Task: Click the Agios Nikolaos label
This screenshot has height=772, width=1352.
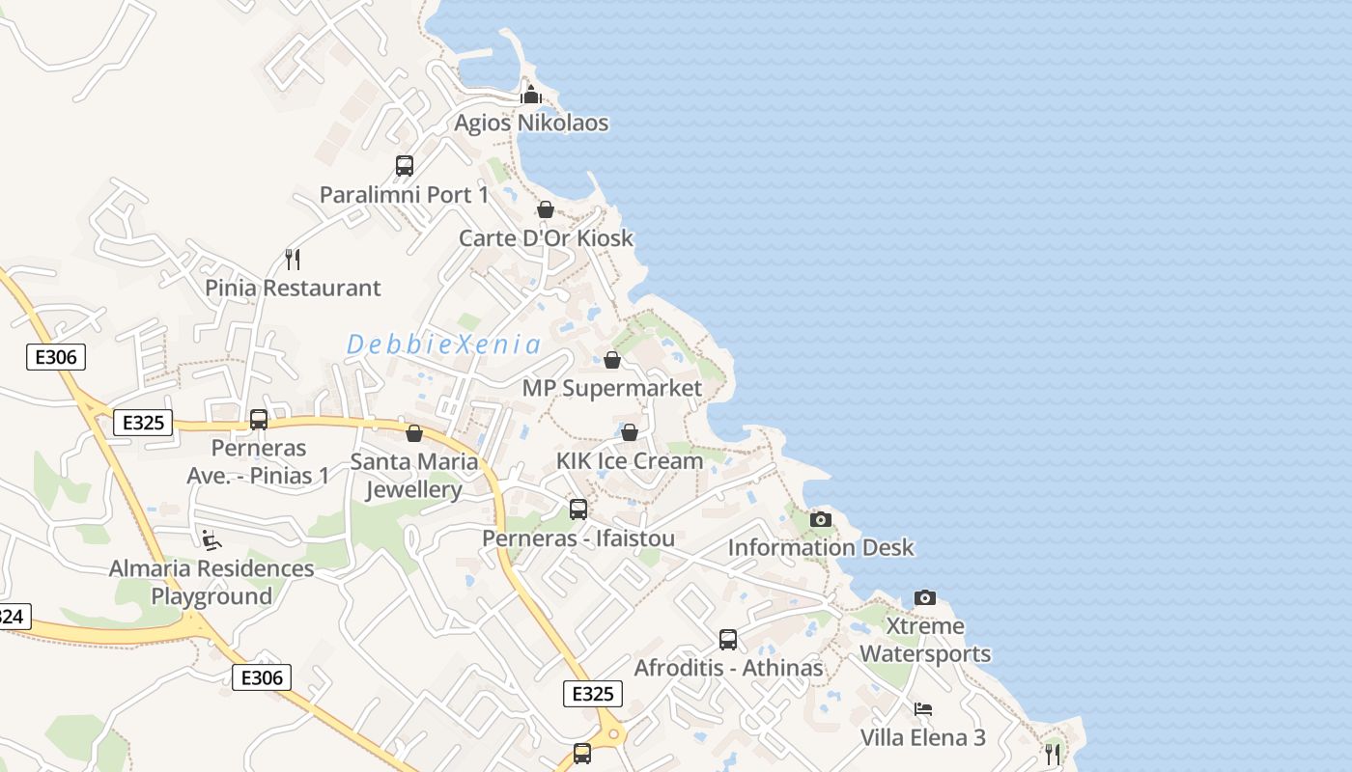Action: click(531, 124)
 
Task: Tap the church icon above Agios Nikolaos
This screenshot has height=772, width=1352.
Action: click(530, 95)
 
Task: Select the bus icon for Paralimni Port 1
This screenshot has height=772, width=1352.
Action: click(405, 166)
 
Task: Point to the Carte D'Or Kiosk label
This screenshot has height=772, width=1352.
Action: click(546, 238)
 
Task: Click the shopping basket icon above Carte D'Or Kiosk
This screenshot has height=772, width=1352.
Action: click(546, 209)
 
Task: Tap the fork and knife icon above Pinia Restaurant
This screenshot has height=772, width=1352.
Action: click(293, 259)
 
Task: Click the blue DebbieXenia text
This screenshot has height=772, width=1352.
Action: click(443, 345)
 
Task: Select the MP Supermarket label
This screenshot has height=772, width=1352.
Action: click(611, 388)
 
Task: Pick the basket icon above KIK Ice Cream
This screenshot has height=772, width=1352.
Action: click(630, 432)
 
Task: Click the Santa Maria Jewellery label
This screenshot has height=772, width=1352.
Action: click(414, 476)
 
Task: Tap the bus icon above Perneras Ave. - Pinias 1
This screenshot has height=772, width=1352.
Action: click(259, 420)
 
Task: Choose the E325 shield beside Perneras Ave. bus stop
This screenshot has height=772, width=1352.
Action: click(143, 423)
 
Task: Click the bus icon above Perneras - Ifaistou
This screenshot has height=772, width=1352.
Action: click(578, 509)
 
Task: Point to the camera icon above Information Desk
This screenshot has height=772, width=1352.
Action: click(821, 519)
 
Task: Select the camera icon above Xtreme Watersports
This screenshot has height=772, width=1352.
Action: click(925, 597)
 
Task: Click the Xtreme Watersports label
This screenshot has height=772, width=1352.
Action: click(925, 640)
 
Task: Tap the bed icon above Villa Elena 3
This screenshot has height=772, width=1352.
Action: click(923, 709)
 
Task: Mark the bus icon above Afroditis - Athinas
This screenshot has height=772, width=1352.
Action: click(728, 639)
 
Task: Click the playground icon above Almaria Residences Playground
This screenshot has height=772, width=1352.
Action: click(211, 539)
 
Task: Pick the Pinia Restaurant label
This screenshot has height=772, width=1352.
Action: click(293, 288)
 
